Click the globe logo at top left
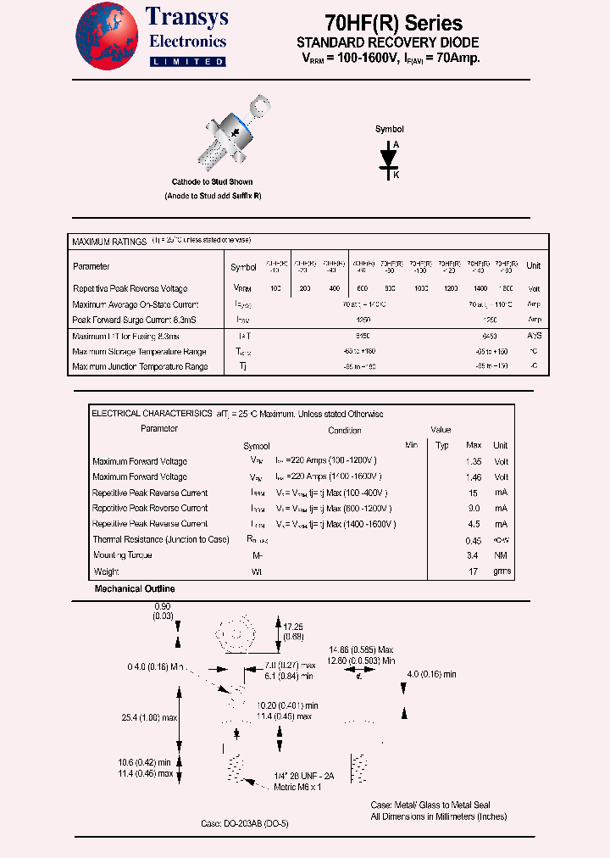click(x=107, y=35)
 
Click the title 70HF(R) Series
click(x=393, y=23)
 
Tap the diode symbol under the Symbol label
click(x=390, y=159)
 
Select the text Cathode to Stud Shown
click(x=212, y=181)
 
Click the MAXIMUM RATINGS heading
click(x=109, y=242)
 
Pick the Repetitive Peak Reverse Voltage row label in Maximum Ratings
click(x=130, y=289)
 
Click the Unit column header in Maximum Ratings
click(x=533, y=266)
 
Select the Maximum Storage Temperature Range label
click(x=139, y=352)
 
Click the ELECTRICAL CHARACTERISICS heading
click(x=152, y=414)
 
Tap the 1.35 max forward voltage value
click(x=474, y=461)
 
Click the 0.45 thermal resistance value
click(x=474, y=540)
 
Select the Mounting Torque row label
click(x=123, y=555)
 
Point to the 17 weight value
click(x=474, y=571)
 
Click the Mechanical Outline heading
click(x=135, y=588)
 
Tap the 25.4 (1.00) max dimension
click(x=149, y=717)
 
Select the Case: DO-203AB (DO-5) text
click(x=244, y=824)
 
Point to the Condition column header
click(x=345, y=431)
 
